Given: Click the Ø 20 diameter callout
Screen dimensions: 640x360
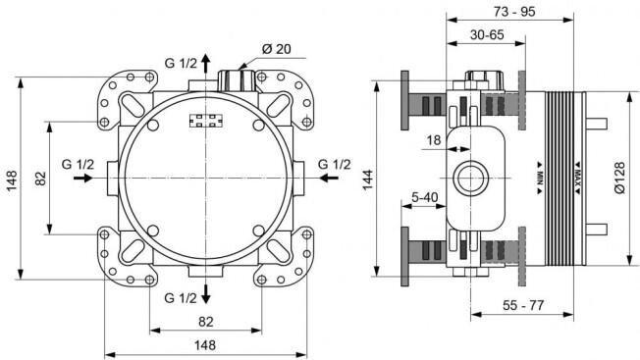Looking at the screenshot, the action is tap(277, 49).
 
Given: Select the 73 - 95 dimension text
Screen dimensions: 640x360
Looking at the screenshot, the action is tap(514, 12).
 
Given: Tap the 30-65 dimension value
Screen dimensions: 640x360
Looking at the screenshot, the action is tap(487, 35).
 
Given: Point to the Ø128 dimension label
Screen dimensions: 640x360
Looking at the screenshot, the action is tap(619, 178).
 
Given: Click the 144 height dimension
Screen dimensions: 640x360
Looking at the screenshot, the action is tap(368, 180).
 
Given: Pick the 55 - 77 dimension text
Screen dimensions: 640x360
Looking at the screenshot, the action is tap(523, 305).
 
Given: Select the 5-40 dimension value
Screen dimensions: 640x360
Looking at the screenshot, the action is tap(424, 198).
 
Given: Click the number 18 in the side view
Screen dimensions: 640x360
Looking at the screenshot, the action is tap(434, 140).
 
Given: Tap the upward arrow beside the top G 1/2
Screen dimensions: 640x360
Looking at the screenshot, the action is tap(206, 63).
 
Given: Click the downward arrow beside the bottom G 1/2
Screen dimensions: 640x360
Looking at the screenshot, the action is tap(206, 294).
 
